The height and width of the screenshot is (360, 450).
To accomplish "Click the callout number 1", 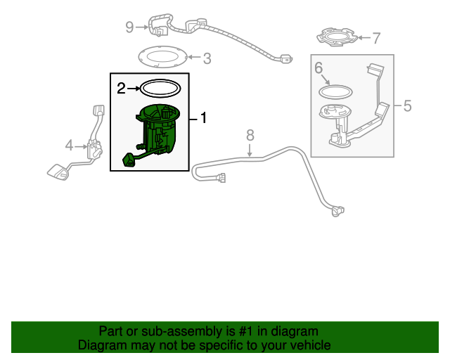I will point(204,118).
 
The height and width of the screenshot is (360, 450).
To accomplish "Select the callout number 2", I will point(121,89).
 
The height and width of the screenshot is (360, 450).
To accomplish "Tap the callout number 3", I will point(207,58).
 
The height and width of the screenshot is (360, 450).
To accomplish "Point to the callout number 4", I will point(69,146).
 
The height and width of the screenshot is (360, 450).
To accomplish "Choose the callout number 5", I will point(407,106).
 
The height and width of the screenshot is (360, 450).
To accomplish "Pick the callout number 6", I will point(318,68).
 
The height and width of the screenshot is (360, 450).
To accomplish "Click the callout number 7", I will point(376,38).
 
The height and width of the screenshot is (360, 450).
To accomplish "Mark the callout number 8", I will point(250,134).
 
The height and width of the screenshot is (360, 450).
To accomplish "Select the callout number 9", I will point(129,27).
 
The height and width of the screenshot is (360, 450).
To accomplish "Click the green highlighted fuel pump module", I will point(157,130).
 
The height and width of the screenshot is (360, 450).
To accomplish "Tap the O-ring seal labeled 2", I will point(160,89).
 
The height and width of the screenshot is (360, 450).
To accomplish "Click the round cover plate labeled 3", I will point(161,58).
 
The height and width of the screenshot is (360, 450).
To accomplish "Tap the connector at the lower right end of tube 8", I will point(338,210).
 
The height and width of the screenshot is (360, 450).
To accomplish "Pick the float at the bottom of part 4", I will point(56,171).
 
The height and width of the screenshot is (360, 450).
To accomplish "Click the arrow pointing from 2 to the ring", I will point(133,89).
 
